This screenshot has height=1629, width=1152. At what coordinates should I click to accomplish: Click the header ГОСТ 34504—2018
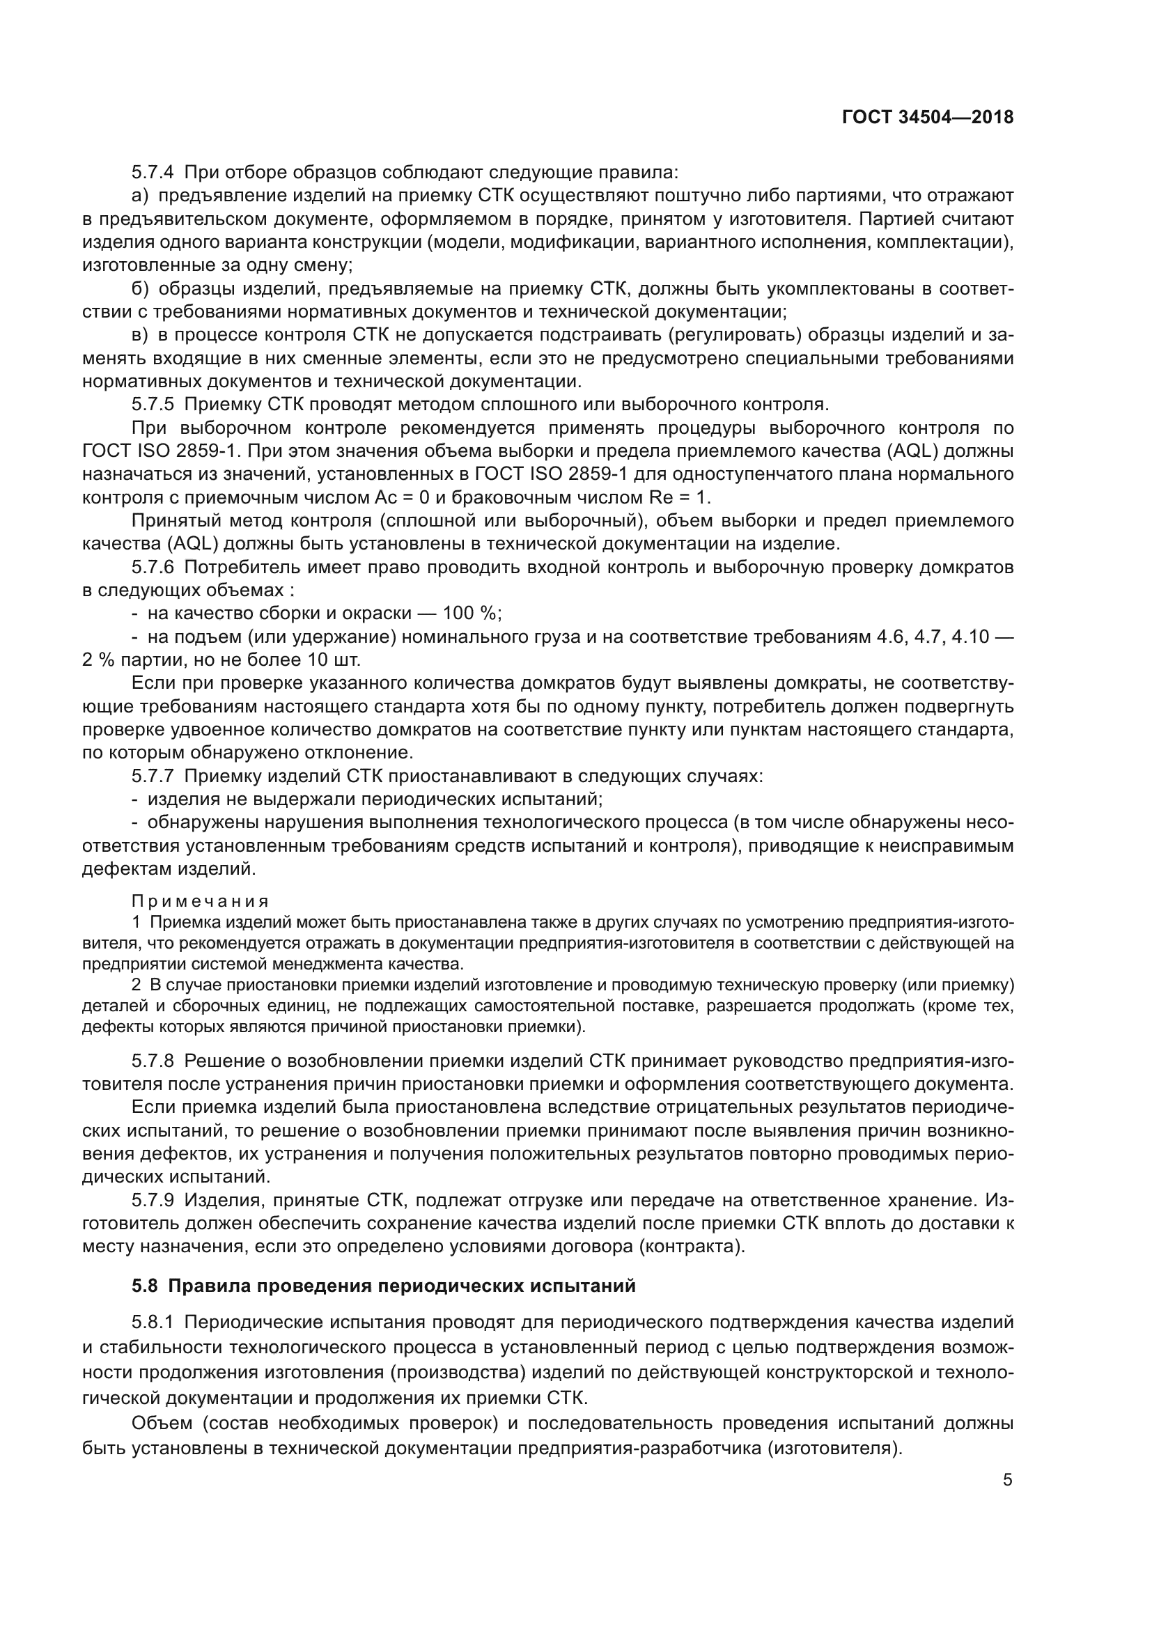point(927,117)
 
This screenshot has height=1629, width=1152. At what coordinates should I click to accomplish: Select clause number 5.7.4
point(153,173)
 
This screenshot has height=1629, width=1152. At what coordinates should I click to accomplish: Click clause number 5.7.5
point(153,405)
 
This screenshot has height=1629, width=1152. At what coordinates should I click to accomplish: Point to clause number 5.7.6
point(153,568)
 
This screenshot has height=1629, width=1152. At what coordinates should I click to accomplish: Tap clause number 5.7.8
point(153,1061)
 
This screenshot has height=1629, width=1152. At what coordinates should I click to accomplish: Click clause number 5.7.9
point(153,1201)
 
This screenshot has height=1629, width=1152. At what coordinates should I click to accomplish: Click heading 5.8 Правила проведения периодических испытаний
point(383,1286)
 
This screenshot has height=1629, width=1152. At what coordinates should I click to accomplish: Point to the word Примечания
point(200,902)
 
